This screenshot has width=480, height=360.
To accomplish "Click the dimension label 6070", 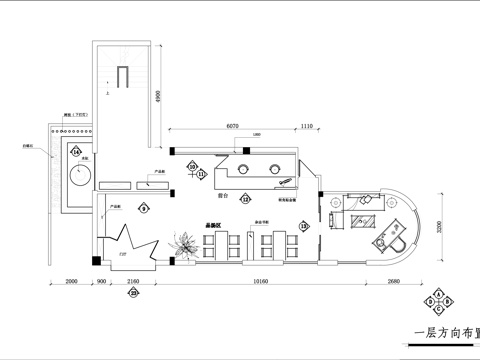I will (x=232, y=126).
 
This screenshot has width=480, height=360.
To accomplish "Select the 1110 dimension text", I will (x=307, y=126).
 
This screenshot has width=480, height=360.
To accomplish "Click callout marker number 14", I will (x=76, y=151).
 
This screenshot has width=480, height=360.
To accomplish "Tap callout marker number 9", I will (x=144, y=208).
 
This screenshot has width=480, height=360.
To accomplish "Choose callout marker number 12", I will (x=244, y=199).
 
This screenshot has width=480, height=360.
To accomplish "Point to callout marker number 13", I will (x=305, y=226).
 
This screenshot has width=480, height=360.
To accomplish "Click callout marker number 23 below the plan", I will (x=135, y=293).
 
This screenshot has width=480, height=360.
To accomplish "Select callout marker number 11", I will (x=201, y=174).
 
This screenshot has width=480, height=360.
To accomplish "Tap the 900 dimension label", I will (x=101, y=282).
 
